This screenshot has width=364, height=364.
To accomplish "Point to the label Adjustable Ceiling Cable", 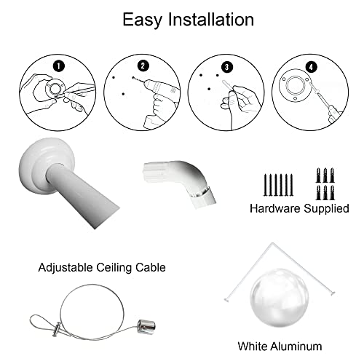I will point(102,268).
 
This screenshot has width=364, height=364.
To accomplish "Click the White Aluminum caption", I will point(280,347).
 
